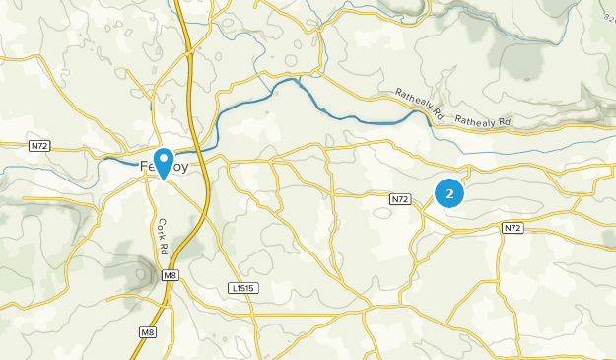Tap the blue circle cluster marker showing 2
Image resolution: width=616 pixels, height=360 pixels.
[450, 194]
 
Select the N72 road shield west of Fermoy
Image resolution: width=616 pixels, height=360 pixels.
[39, 146]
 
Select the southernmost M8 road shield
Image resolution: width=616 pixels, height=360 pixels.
[148, 332]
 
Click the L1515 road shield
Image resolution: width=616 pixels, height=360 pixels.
[240, 288]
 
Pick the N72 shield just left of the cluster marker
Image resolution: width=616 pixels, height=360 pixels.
[399, 199]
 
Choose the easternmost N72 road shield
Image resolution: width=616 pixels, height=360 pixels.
[512, 228]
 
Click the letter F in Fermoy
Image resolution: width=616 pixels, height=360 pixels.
[143, 168]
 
